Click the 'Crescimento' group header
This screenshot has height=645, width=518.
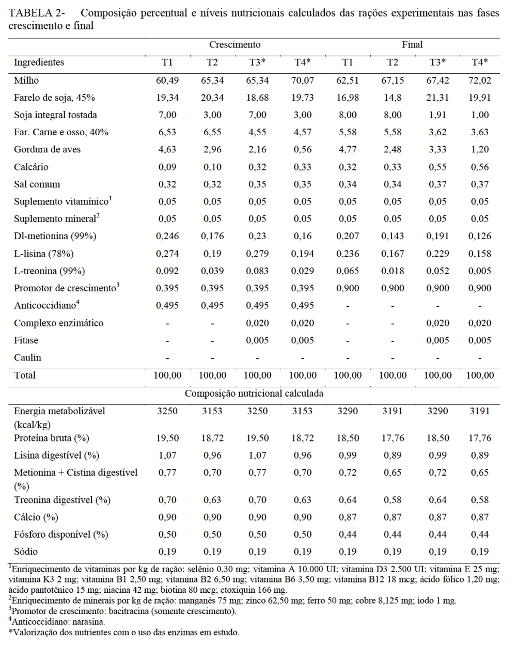tap(234, 45)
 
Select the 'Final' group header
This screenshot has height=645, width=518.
tap(412, 45)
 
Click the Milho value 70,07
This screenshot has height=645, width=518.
tap(303, 81)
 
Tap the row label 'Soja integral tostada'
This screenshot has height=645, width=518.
tap(55, 115)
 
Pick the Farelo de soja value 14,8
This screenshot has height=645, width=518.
tap(393, 98)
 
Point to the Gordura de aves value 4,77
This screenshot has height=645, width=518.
tap(348, 150)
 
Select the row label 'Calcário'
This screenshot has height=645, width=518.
tap(31, 167)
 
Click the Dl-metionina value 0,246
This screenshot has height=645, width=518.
tap(167, 237)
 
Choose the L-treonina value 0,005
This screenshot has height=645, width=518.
tap(480, 271)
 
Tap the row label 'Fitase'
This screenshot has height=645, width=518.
tap(26, 340)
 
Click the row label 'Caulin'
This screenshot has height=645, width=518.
tap(27, 358)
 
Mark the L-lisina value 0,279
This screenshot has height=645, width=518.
tap(257, 254)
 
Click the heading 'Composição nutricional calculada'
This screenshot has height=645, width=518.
tap(254, 394)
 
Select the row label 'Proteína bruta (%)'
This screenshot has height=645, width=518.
tap(52, 438)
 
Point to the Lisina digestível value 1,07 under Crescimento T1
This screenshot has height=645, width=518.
tap(167, 455)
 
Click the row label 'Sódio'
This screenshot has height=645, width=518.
tap(26, 552)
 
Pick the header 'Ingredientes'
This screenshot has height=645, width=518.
tap(39, 62)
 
